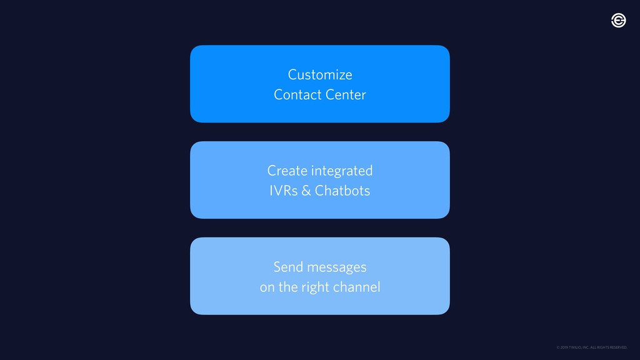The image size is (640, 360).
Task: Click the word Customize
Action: point(320,75)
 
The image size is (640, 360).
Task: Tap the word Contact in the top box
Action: point(295,95)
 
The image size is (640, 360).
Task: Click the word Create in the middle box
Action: point(287,171)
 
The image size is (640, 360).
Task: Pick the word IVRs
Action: point(283,191)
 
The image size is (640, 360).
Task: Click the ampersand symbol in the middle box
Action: point(306,191)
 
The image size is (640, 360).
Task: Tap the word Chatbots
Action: point(342,191)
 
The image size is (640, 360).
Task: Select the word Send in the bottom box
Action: point(287,267)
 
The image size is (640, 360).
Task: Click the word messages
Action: point(336,268)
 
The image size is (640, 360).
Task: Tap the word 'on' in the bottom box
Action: point(267,288)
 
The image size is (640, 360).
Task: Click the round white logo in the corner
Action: point(618,21)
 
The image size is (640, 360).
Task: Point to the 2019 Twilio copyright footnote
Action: point(591,347)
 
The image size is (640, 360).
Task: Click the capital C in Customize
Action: point(292,75)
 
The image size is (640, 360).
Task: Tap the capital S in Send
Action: point(277,267)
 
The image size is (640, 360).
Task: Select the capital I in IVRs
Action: point(271,191)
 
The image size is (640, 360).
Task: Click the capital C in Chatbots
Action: point(319,191)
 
